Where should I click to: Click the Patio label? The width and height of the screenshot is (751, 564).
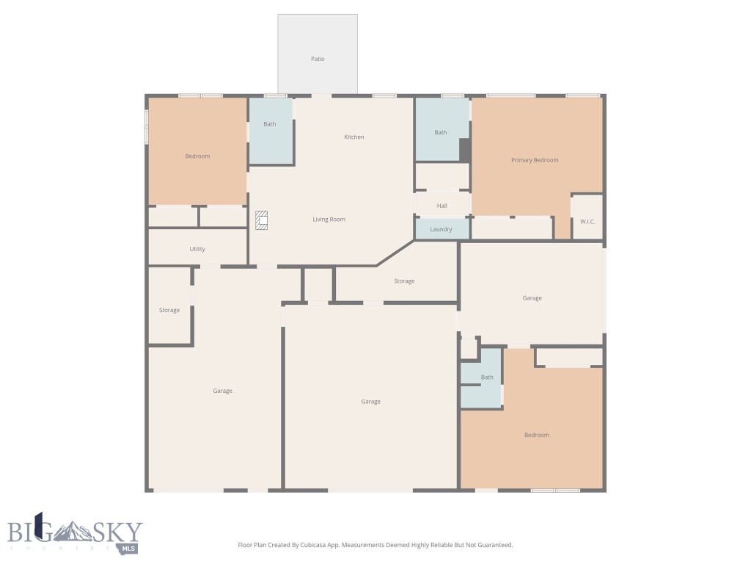318,59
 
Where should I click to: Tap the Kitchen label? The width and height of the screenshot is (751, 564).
354,137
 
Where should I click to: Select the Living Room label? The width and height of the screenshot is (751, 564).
329,220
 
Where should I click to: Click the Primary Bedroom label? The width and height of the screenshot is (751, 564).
535,160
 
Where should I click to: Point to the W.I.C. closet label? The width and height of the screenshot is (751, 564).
587,221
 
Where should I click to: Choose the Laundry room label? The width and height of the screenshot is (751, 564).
441,229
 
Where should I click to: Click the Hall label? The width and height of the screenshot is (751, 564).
442,206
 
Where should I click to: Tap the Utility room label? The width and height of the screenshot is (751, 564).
197,249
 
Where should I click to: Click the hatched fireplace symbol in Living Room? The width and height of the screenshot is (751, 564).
262,220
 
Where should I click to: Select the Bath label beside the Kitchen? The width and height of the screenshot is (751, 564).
270,124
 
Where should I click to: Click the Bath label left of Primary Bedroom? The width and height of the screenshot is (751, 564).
440,133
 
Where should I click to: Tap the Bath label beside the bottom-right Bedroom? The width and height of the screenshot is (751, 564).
487,377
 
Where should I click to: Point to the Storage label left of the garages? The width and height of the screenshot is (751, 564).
169,311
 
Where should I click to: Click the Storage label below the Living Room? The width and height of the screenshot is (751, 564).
404,281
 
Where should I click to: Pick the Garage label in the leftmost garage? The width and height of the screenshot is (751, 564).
223,391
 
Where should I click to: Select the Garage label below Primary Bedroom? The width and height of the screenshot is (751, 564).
532,298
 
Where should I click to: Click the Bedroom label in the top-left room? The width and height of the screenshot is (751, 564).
197,156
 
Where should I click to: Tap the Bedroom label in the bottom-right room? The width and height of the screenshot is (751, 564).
536,435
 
